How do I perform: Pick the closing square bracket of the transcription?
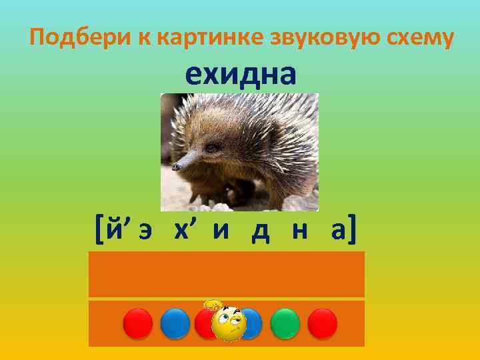point(351,231)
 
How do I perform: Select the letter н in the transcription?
point(296,232)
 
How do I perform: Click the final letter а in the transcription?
point(331,232)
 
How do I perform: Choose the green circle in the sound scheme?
point(286,323)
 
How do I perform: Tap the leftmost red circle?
point(138,323)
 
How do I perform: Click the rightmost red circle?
point(323,323)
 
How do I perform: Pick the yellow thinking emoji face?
point(229,322)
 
